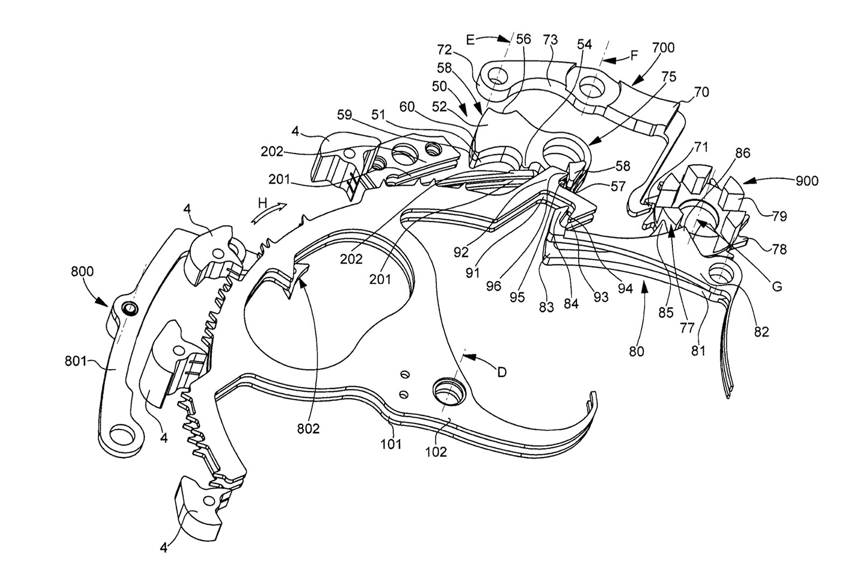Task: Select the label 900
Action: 803,181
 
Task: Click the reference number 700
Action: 663,48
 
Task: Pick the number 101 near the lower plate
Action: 391,445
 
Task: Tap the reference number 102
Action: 436,452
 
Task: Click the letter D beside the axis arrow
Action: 502,372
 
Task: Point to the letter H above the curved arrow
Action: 262,203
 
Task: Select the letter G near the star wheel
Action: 776,287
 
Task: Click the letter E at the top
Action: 470,39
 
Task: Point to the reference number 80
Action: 636,352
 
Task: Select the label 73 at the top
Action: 550,39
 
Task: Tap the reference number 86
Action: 742,154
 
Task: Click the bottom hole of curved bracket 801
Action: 123,434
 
